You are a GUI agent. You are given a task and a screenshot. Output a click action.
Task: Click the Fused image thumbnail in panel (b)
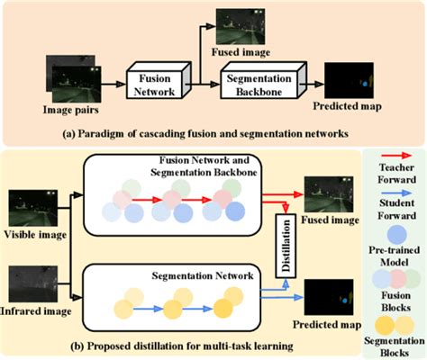(328, 190)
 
